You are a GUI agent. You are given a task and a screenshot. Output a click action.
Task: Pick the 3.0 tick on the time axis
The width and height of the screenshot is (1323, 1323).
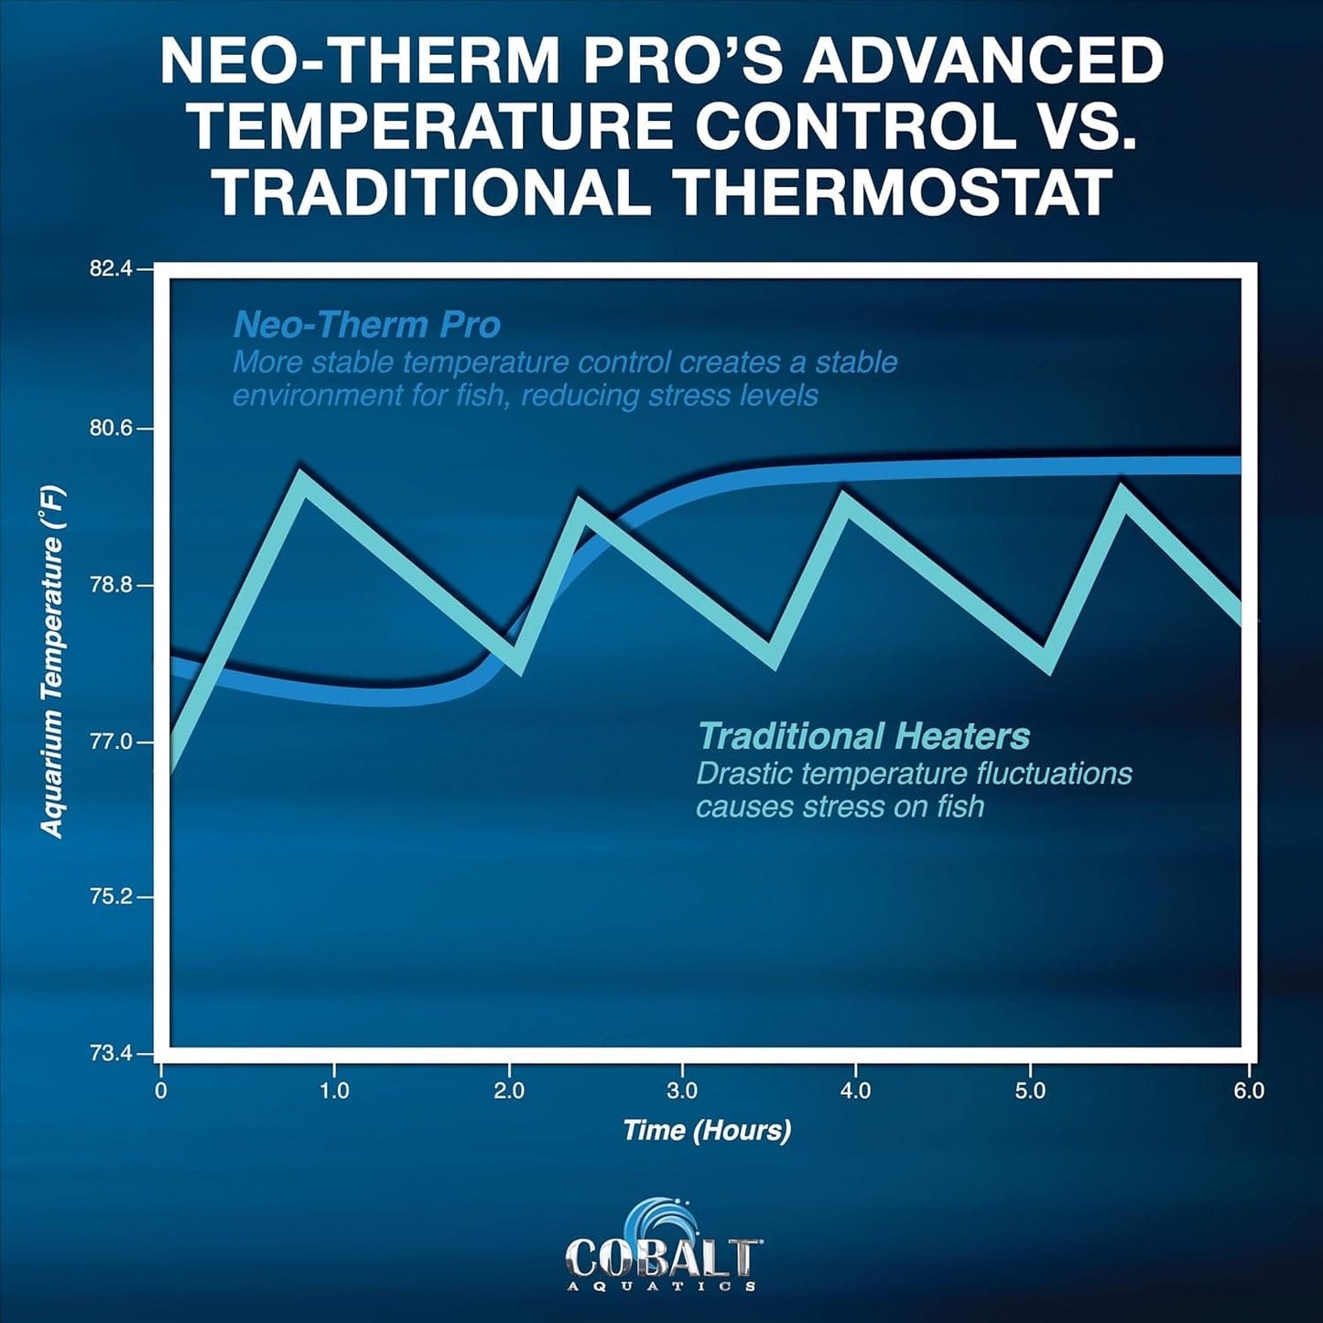[x=682, y=1090]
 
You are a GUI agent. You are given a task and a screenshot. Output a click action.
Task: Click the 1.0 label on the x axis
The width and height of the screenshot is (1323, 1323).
[x=334, y=1090]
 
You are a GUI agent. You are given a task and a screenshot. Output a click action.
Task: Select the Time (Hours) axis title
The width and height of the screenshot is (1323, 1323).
[x=707, y=1130]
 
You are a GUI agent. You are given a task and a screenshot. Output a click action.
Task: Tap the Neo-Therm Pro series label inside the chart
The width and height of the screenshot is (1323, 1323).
[x=367, y=325]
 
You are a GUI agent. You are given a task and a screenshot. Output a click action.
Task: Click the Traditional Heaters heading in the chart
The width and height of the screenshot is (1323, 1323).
[x=863, y=736]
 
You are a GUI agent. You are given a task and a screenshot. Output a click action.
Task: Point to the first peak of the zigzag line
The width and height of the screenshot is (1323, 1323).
[x=299, y=478]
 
